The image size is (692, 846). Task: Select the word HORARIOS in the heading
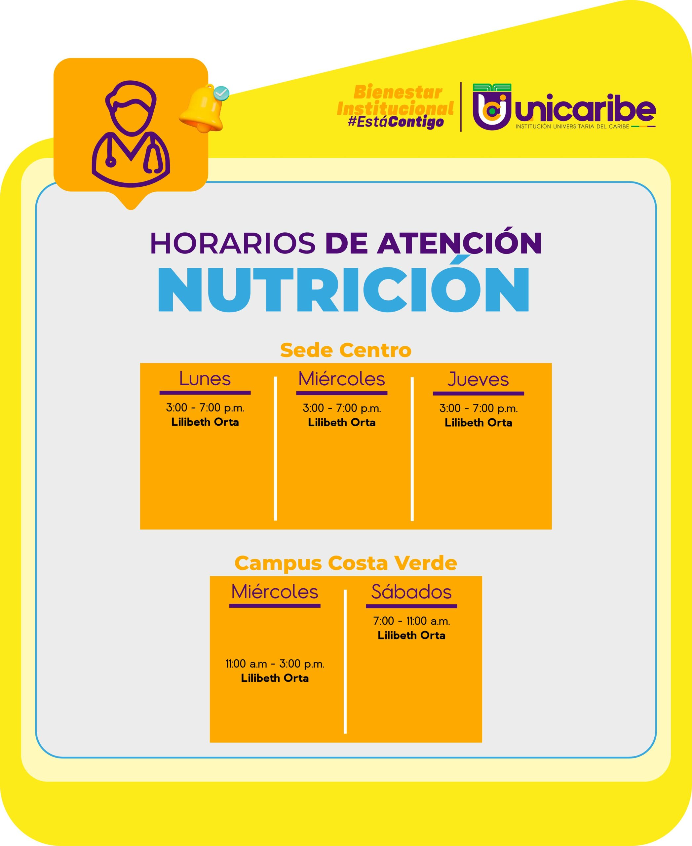coord(233,243)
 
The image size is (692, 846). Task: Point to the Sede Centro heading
coord(346,350)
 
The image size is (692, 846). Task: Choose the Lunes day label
coord(205,378)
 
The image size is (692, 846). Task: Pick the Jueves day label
coord(478,379)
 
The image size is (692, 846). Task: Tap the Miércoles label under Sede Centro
coord(342,378)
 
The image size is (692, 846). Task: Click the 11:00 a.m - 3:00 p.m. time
coord(275,664)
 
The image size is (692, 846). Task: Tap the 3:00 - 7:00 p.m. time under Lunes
coord(205,407)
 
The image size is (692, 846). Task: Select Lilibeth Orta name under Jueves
coord(478,423)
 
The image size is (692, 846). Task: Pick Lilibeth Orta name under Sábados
coord(411,635)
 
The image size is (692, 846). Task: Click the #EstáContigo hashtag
coord(396,122)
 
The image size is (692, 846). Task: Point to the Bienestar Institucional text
coord(396,100)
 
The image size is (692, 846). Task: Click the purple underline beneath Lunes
coord(205,393)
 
